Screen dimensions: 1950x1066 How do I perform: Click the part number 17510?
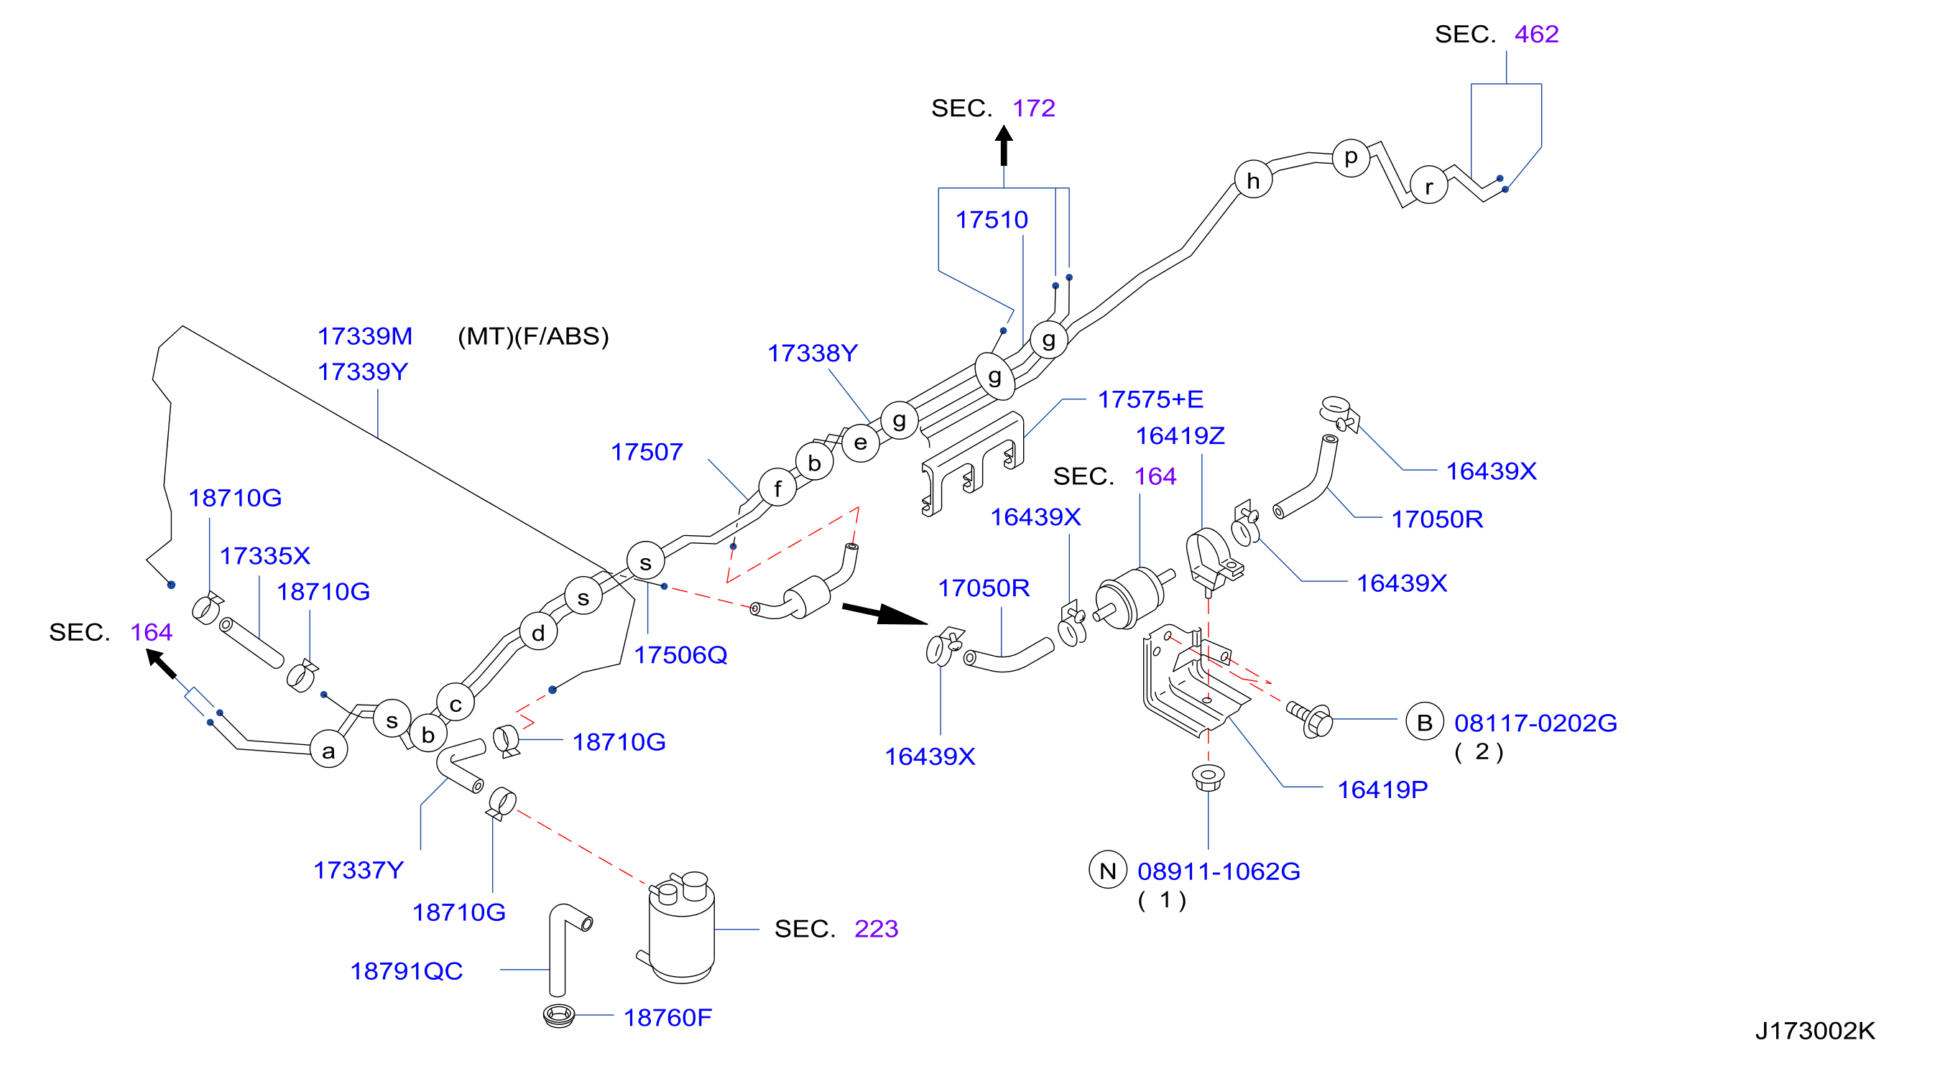(x=991, y=219)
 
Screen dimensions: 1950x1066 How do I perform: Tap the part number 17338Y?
(x=812, y=353)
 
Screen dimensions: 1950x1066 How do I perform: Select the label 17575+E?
(x=1150, y=399)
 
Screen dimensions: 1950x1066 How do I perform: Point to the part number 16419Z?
(x=1180, y=435)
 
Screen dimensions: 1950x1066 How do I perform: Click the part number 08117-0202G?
(x=1535, y=723)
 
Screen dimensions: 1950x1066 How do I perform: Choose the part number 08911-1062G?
(x=1219, y=871)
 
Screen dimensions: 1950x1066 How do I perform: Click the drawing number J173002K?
(x=1814, y=1030)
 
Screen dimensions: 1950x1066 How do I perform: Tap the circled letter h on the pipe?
(x=1253, y=180)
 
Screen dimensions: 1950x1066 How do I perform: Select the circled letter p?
(x=1351, y=158)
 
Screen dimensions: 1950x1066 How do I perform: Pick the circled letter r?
(x=1428, y=185)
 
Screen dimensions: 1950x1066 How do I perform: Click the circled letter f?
(x=777, y=487)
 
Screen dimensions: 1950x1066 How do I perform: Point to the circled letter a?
(x=328, y=749)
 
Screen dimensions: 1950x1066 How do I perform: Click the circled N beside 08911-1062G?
(x=1107, y=870)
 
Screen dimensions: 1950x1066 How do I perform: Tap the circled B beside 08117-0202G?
(x=1425, y=722)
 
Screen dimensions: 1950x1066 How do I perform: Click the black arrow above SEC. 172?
(x=1004, y=145)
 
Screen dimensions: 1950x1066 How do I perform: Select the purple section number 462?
(x=1536, y=34)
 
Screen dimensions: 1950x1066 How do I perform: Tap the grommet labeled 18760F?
(x=559, y=1014)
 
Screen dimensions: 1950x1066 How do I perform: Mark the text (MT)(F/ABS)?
(x=533, y=336)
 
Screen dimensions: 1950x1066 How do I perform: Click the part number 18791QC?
(x=407, y=970)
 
